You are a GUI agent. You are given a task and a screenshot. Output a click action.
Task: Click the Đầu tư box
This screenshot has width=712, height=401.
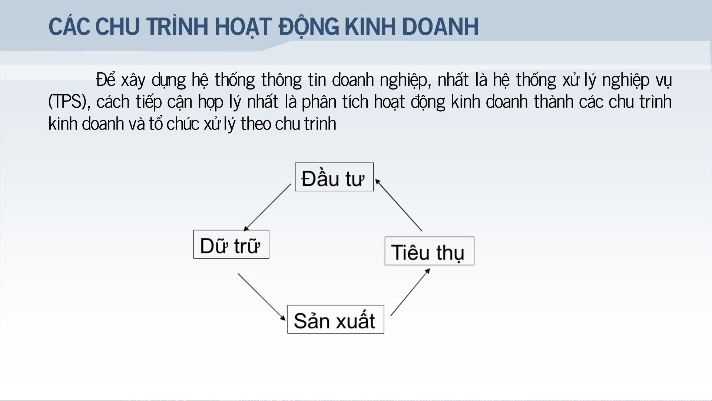pos(334,177)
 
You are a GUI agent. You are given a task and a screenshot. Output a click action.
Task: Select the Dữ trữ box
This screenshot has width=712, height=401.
pos(231,244)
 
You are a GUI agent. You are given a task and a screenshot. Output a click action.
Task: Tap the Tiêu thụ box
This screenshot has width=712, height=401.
pos(430,251)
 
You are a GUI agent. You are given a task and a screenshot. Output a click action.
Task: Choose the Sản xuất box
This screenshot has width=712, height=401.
pos(336,319)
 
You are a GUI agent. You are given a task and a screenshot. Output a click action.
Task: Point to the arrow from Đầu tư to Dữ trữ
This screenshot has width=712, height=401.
pos(268,207)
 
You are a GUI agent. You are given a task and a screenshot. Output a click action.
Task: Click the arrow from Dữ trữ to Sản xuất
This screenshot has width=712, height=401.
pos(262,297)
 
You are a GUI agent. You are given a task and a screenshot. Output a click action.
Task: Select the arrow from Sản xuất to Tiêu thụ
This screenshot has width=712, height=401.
pos(410,292)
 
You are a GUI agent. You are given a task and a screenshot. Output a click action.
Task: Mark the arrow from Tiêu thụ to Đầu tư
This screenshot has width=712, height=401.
pos(398,205)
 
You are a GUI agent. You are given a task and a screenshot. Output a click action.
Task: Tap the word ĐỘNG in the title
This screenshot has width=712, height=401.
pos(309,27)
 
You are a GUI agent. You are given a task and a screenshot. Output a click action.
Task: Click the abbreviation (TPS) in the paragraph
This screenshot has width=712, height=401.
pos(69,102)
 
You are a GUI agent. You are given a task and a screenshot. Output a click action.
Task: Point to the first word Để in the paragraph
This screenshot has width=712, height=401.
pos(106,79)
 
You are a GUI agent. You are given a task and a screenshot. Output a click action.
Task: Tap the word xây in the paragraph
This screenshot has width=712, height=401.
pos(133,80)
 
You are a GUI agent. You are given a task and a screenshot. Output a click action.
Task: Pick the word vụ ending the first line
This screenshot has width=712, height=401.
pos(663,80)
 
